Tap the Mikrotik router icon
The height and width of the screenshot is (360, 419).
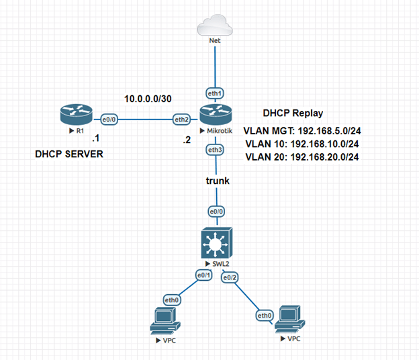click(x=214, y=116)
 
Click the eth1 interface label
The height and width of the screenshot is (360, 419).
click(x=215, y=93)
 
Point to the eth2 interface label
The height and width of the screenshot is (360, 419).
click(x=181, y=120)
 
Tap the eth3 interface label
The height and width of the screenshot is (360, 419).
click(x=215, y=149)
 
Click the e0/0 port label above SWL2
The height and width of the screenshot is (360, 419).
click(x=215, y=211)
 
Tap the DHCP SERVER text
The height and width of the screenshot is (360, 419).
click(x=70, y=154)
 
